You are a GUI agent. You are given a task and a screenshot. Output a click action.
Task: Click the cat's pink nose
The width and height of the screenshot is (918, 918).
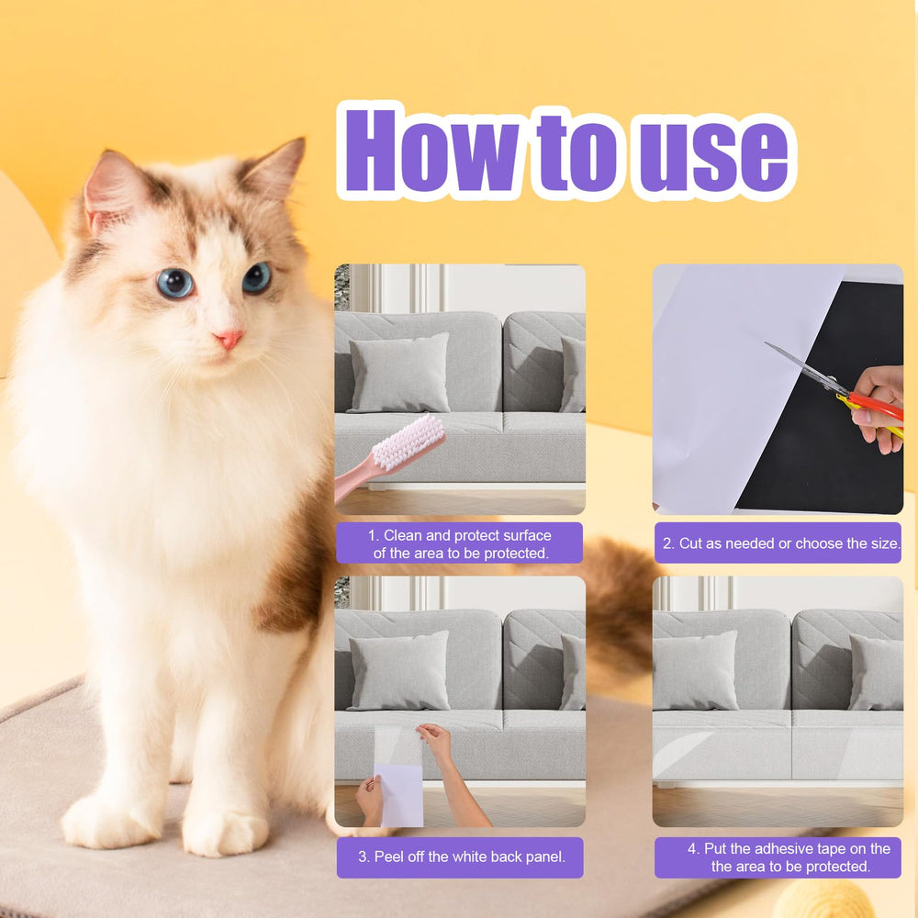tap(229, 339)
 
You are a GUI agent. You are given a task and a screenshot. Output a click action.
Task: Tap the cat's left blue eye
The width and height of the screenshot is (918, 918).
tap(174, 283)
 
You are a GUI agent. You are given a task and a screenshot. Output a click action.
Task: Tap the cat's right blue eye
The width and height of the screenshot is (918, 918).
tap(256, 277)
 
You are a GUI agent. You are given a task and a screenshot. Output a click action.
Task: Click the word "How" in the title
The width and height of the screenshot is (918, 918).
tap(431, 151)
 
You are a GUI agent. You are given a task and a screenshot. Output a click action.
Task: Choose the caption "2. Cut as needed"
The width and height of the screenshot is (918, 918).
tap(780, 543)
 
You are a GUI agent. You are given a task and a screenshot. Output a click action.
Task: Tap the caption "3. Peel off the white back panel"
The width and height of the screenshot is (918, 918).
tap(459, 856)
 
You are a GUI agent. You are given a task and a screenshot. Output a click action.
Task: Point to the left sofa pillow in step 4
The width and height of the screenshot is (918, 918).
tap(695, 670)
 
